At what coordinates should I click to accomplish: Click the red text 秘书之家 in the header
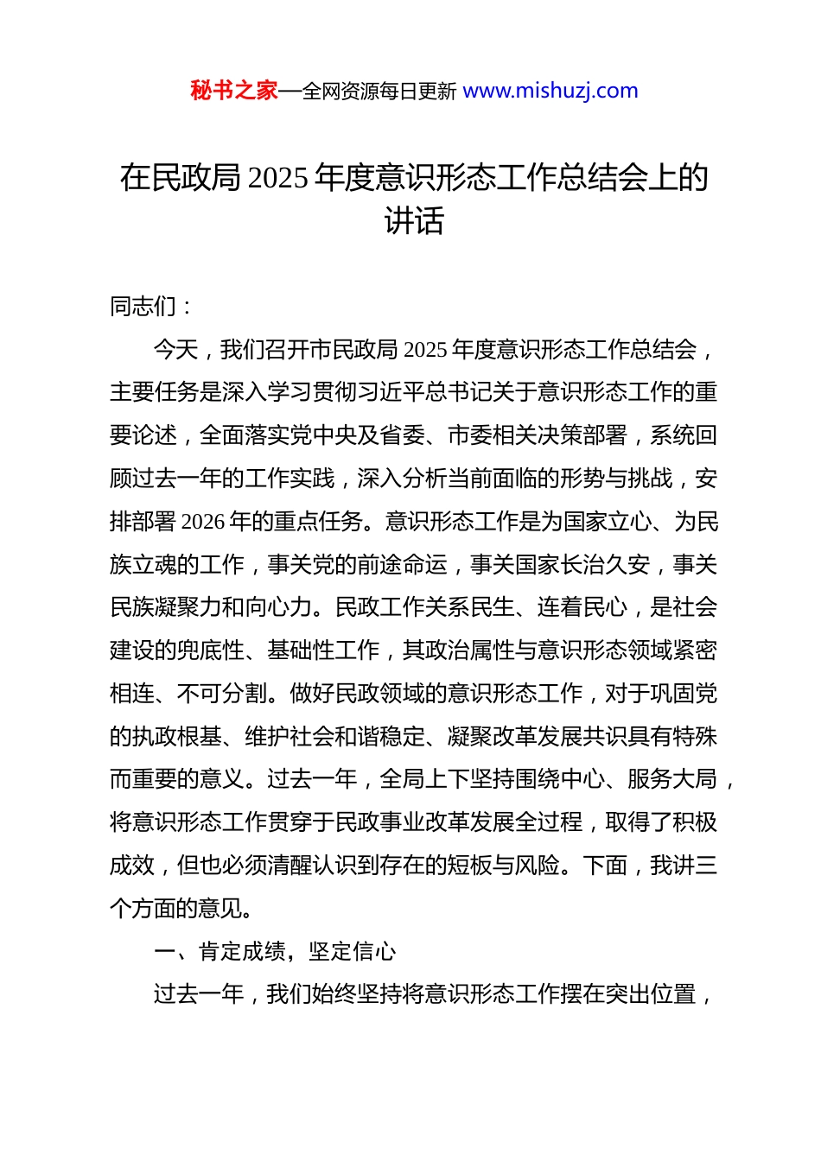click(x=234, y=91)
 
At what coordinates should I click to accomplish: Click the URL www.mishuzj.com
click(x=551, y=91)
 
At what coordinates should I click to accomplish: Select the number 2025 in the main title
click(x=277, y=178)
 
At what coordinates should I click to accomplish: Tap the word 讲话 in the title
click(x=414, y=221)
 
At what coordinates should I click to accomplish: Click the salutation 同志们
click(x=143, y=307)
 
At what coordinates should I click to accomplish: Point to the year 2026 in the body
click(x=203, y=522)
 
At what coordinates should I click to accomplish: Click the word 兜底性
click(x=211, y=650)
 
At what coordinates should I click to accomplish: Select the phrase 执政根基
click(x=177, y=737)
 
